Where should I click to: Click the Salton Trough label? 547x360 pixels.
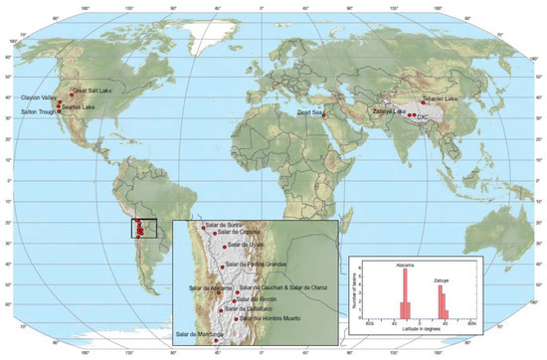(35, 111)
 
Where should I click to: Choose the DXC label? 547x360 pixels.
(423, 117)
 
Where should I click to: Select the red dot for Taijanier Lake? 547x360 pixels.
(424, 100)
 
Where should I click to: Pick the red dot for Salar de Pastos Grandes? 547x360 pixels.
(222, 266)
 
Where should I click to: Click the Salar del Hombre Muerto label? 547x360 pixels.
(271, 317)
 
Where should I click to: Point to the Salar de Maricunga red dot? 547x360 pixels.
(217, 339)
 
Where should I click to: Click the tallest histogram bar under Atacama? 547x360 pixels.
(405, 293)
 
